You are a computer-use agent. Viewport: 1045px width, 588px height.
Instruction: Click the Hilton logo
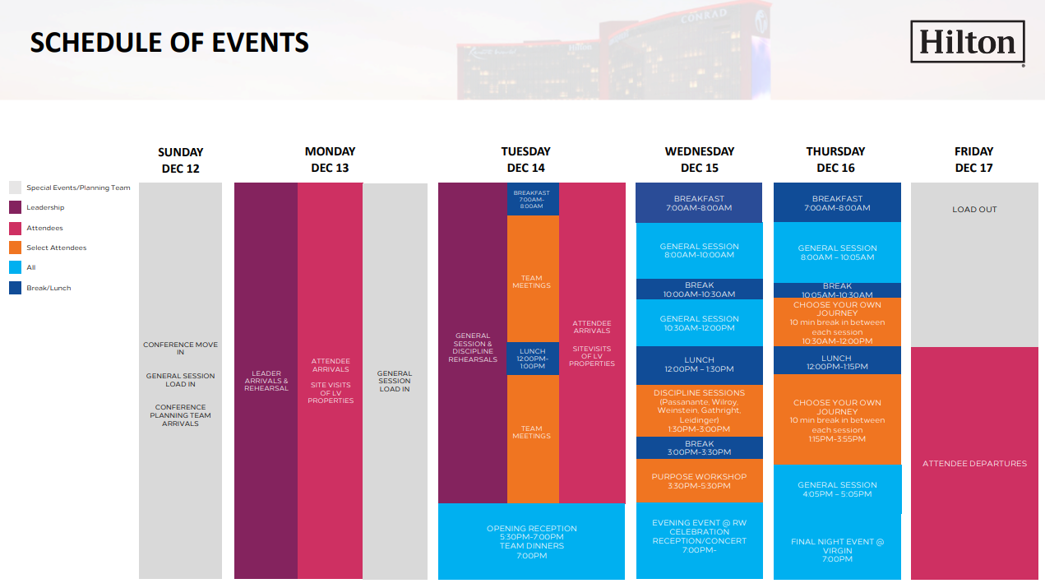pos(968,42)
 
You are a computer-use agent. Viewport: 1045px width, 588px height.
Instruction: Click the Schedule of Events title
pos(169,43)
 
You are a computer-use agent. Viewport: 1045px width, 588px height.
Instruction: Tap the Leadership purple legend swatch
pos(15,207)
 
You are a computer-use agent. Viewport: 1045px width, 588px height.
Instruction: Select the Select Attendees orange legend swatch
pos(15,248)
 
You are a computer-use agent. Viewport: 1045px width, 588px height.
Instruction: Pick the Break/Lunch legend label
pos(49,288)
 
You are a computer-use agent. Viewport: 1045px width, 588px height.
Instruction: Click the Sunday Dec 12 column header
pos(181,160)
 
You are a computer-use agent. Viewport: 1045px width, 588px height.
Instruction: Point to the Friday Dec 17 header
pos(973,160)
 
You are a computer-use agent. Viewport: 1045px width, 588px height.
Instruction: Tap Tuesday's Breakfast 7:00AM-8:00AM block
pos(533,199)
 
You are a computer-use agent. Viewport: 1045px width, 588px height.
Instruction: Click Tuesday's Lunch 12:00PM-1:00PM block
pos(533,359)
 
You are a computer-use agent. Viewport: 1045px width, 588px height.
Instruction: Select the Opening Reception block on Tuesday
pos(531,541)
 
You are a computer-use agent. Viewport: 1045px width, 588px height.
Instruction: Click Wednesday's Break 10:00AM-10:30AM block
pos(699,289)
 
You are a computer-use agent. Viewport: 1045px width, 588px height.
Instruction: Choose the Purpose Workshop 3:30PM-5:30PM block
pos(699,481)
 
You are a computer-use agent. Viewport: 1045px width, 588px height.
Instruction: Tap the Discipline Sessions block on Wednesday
pos(699,410)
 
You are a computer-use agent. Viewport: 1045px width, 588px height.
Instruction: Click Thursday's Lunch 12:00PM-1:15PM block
pos(837,360)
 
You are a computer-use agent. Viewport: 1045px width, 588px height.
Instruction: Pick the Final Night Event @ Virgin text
pos(837,546)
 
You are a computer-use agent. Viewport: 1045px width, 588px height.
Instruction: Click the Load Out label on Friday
pos(974,210)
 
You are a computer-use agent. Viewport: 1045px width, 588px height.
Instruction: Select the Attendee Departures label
pos(974,463)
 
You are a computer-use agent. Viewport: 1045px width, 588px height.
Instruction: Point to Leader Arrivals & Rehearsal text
pos(266,381)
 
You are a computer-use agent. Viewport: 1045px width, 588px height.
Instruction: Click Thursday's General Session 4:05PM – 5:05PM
pos(837,489)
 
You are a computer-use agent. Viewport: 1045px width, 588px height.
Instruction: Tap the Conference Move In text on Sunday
pos(181,348)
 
